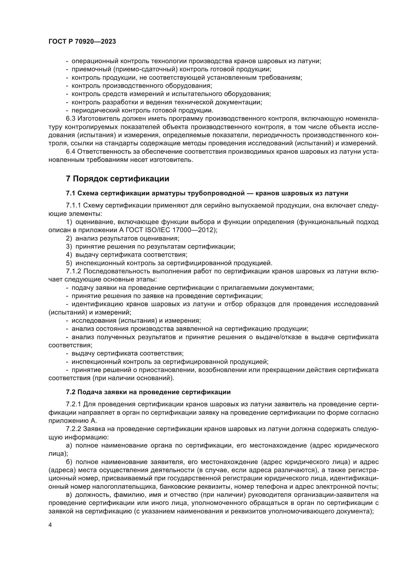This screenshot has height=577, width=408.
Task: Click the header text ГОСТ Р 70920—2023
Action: coord(82,42)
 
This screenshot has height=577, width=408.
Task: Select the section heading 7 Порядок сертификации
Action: coord(117,179)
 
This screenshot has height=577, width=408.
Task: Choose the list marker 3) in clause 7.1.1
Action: coord(69,246)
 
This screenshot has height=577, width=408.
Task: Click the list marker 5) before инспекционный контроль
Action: coord(69,263)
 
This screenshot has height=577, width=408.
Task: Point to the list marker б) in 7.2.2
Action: coord(69,462)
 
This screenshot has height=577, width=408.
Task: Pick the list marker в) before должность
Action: coord(69,495)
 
